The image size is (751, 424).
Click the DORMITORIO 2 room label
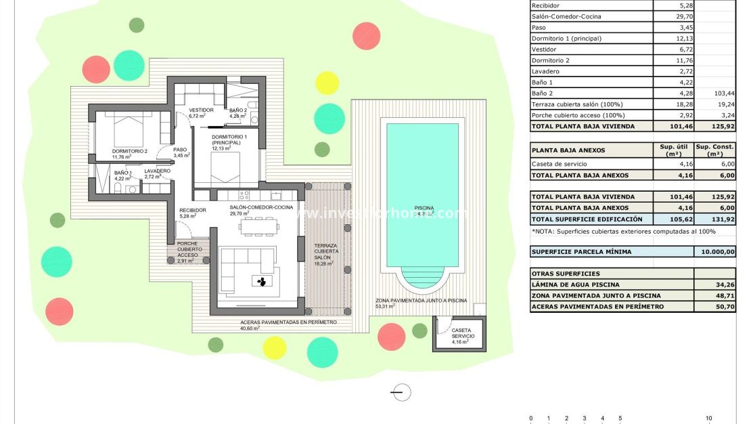tap(130, 150)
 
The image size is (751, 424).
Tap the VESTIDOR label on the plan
tap(202, 110)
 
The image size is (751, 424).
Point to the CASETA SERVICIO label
tap(463, 333)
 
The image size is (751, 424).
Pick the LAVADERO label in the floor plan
tap(157, 171)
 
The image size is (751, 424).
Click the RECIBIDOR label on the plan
tap(192, 211)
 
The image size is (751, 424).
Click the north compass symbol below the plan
tap(401, 391)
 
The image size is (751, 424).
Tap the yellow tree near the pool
tap(327, 83)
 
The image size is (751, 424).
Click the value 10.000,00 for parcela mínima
tap(715, 251)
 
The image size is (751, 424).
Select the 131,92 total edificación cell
tap(715, 219)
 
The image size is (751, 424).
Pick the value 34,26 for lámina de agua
tap(715, 284)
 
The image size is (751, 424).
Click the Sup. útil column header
tap(673, 150)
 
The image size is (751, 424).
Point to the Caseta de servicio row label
tap(560, 164)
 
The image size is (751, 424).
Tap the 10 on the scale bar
tap(708, 419)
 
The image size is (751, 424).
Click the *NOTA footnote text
tap(624, 232)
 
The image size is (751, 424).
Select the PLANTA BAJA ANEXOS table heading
tap(568, 150)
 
